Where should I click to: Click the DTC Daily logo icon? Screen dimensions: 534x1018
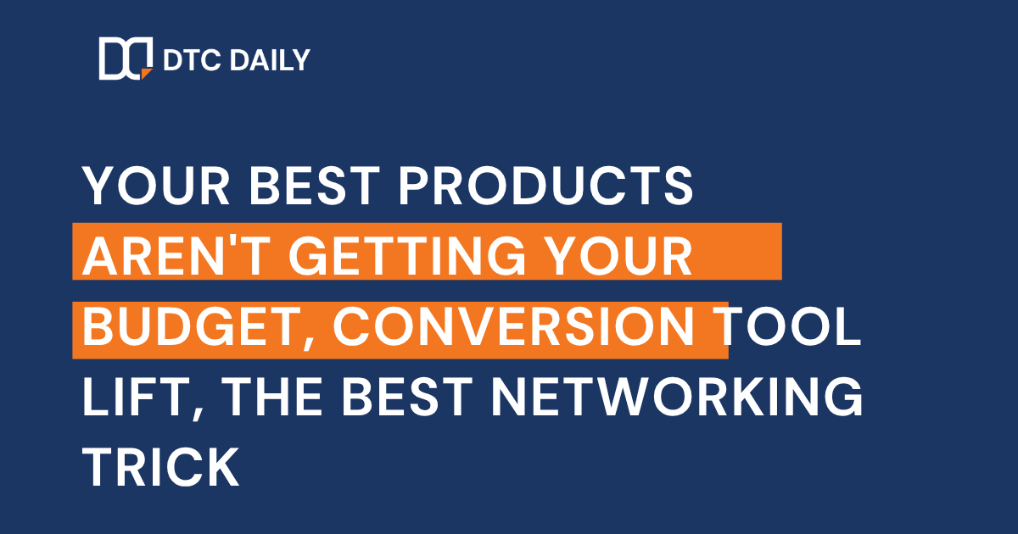(125, 59)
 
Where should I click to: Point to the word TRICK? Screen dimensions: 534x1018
(161, 468)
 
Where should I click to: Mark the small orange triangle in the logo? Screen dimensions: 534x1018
(146, 74)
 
